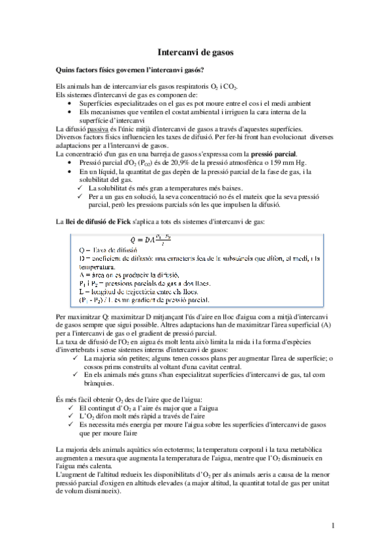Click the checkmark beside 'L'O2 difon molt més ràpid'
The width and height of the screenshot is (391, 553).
pyautogui.click(x=72, y=415)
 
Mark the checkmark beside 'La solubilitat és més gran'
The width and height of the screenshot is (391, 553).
pyautogui.click(x=82, y=188)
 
